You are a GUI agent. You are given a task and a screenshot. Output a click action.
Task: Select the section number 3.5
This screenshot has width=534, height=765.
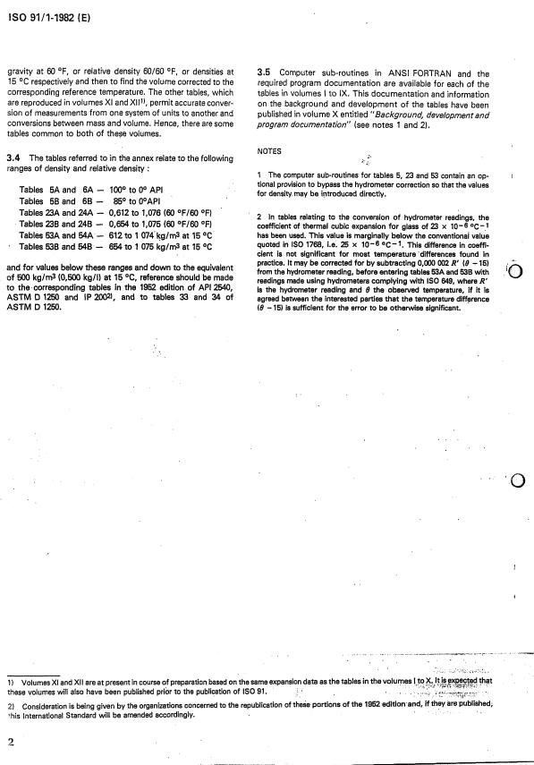click(264, 73)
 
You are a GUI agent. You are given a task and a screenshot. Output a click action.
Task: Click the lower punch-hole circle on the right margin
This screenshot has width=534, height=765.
click(516, 482)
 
